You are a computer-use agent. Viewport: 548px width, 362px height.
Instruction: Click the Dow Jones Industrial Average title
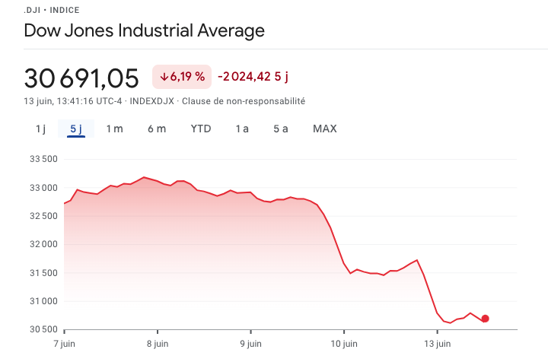pyautogui.click(x=145, y=31)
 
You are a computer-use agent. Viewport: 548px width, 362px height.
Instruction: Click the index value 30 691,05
pyautogui.click(x=81, y=78)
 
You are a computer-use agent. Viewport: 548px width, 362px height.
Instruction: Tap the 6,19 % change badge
pyautogui.click(x=182, y=77)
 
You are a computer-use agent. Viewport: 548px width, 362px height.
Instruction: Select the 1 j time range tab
pyautogui.click(x=40, y=129)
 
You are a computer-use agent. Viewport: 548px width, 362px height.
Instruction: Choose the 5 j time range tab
pyautogui.click(x=76, y=129)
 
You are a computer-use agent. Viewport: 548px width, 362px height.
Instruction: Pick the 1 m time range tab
pyautogui.click(x=114, y=129)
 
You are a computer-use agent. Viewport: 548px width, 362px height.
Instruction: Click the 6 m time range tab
pyautogui.click(x=157, y=129)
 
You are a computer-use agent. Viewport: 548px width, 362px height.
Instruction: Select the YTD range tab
pyautogui.click(x=201, y=129)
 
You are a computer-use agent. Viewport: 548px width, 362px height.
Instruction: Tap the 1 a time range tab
pyautogui.click(x=242, y=129)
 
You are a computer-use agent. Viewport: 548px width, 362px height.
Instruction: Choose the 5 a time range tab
pyautogui.click(x=281, y=129)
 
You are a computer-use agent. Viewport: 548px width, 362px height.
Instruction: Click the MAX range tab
pyautogui.click(x=325, y=129)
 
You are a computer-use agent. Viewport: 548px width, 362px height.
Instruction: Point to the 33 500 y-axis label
pyautogui.click(x=44, y=159)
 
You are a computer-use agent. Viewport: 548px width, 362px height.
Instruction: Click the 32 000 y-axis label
pyautogui.click(x=44, y=244)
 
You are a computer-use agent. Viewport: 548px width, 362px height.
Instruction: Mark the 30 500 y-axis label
pyautogui.click(x=44, y=329)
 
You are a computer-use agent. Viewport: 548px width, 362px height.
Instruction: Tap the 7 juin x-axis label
pyautogui.click(x=65, y=344)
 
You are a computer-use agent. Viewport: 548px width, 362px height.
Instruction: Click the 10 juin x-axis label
pyautogui.click(x=343, y=344)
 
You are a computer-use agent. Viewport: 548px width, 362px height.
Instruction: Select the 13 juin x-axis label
pyautogui.click(x=437, y=344)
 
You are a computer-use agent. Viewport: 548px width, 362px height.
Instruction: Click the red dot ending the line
pyautogui.click(x=485, y=319)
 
